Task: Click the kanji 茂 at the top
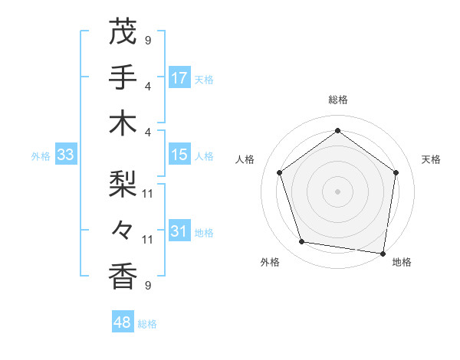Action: coord(123,32)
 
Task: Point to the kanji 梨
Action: coord(123,185)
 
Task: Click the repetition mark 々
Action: coord(123,229)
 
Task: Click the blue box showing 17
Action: coord(179,78)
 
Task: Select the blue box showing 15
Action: coord(179,155)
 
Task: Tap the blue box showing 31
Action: coord(179,231)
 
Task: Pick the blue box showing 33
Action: coord(65,155)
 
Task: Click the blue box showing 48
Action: coord(122,322)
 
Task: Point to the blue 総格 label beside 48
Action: coord(147,323)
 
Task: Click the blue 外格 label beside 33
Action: coord(41,156)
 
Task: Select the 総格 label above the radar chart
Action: coord(338,100)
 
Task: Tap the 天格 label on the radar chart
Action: coord(431,159)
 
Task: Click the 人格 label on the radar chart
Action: coord(245,159)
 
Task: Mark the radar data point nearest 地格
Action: coord(383,253)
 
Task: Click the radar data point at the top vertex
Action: coord(338,130)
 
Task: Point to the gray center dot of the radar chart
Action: coord(338,191)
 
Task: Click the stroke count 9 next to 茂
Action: coord(148,40)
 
